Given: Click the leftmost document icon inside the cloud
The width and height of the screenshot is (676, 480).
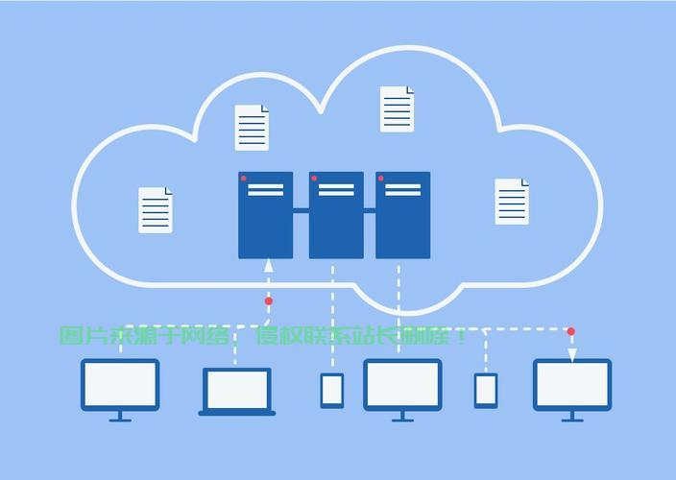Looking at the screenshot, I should pos(156,209).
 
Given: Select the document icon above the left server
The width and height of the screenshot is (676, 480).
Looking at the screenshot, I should pos(253,128).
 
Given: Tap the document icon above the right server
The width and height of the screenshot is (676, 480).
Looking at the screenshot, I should pos(397,109).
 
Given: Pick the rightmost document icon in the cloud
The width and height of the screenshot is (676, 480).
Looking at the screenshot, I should pos(512,202).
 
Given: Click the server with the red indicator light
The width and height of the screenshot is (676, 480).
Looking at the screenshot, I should pos(265,215).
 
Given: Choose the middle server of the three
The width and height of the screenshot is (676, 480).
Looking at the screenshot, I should pos(336,215).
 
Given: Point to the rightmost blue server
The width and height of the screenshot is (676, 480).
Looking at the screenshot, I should pos(402,215).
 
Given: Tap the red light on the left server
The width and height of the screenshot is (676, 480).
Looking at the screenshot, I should pos(244,179).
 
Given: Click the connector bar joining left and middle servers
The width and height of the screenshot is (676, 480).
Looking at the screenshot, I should pos(301,210).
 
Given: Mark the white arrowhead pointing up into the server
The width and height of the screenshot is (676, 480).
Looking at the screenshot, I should pos(269,264).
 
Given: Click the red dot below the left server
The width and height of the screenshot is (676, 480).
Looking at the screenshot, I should pos(269,301).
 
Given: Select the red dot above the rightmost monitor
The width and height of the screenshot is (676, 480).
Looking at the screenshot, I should pos(571,332).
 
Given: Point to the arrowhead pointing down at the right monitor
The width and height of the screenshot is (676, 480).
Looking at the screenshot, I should pos(571,355).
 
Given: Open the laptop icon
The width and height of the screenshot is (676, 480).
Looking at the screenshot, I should pos(236,391).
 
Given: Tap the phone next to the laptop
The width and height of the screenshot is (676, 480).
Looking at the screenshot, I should pos(332,390).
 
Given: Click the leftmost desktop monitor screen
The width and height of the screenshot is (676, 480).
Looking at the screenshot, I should pos(120,385).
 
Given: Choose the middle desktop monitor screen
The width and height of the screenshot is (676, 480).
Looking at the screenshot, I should pos(402,385).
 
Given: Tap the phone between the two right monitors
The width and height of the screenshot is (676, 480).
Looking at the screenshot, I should pos(486,390).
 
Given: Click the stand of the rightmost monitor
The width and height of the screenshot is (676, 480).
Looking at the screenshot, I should pos(572,417).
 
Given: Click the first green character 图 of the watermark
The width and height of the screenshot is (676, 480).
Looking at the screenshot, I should pos(70,336).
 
